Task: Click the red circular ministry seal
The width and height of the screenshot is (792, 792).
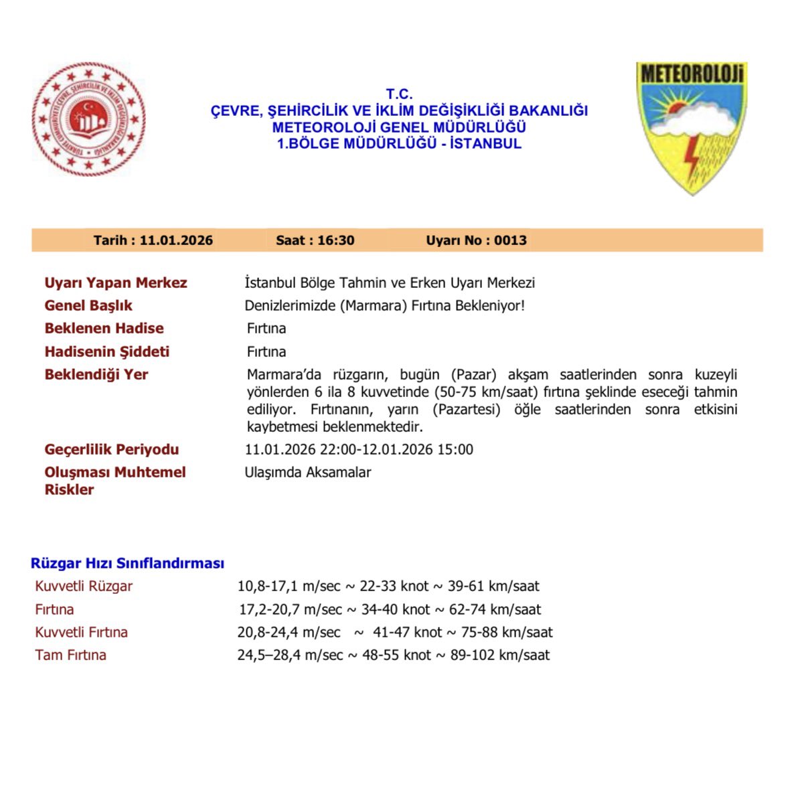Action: point(88,118)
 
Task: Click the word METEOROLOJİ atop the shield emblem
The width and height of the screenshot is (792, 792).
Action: point(692,74)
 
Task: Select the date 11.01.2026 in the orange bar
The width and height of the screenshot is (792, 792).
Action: point(176,240)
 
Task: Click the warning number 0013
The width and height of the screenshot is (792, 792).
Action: point(510,240)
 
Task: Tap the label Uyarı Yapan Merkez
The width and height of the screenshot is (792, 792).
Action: point(116,283)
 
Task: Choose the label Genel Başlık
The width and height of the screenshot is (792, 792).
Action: point(88,305)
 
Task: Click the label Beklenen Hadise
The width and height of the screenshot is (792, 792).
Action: point(104,328)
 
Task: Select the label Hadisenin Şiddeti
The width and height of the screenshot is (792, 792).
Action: point(106,351)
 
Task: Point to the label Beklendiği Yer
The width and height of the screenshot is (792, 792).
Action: point(96,374)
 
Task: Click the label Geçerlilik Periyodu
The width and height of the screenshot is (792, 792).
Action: point(112,449)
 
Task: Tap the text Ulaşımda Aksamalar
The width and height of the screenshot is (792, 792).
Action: point(308,472)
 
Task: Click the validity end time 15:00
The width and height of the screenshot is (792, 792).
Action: point(455,449)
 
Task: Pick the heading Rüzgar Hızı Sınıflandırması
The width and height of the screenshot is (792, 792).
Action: point(127,563)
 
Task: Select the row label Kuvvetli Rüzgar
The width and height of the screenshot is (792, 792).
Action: point(84,586)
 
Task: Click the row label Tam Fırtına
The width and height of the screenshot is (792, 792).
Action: point(70,655)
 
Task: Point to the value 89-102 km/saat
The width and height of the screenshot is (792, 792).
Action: point(500,655)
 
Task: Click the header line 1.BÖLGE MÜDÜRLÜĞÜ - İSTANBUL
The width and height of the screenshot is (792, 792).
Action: point(399,143)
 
